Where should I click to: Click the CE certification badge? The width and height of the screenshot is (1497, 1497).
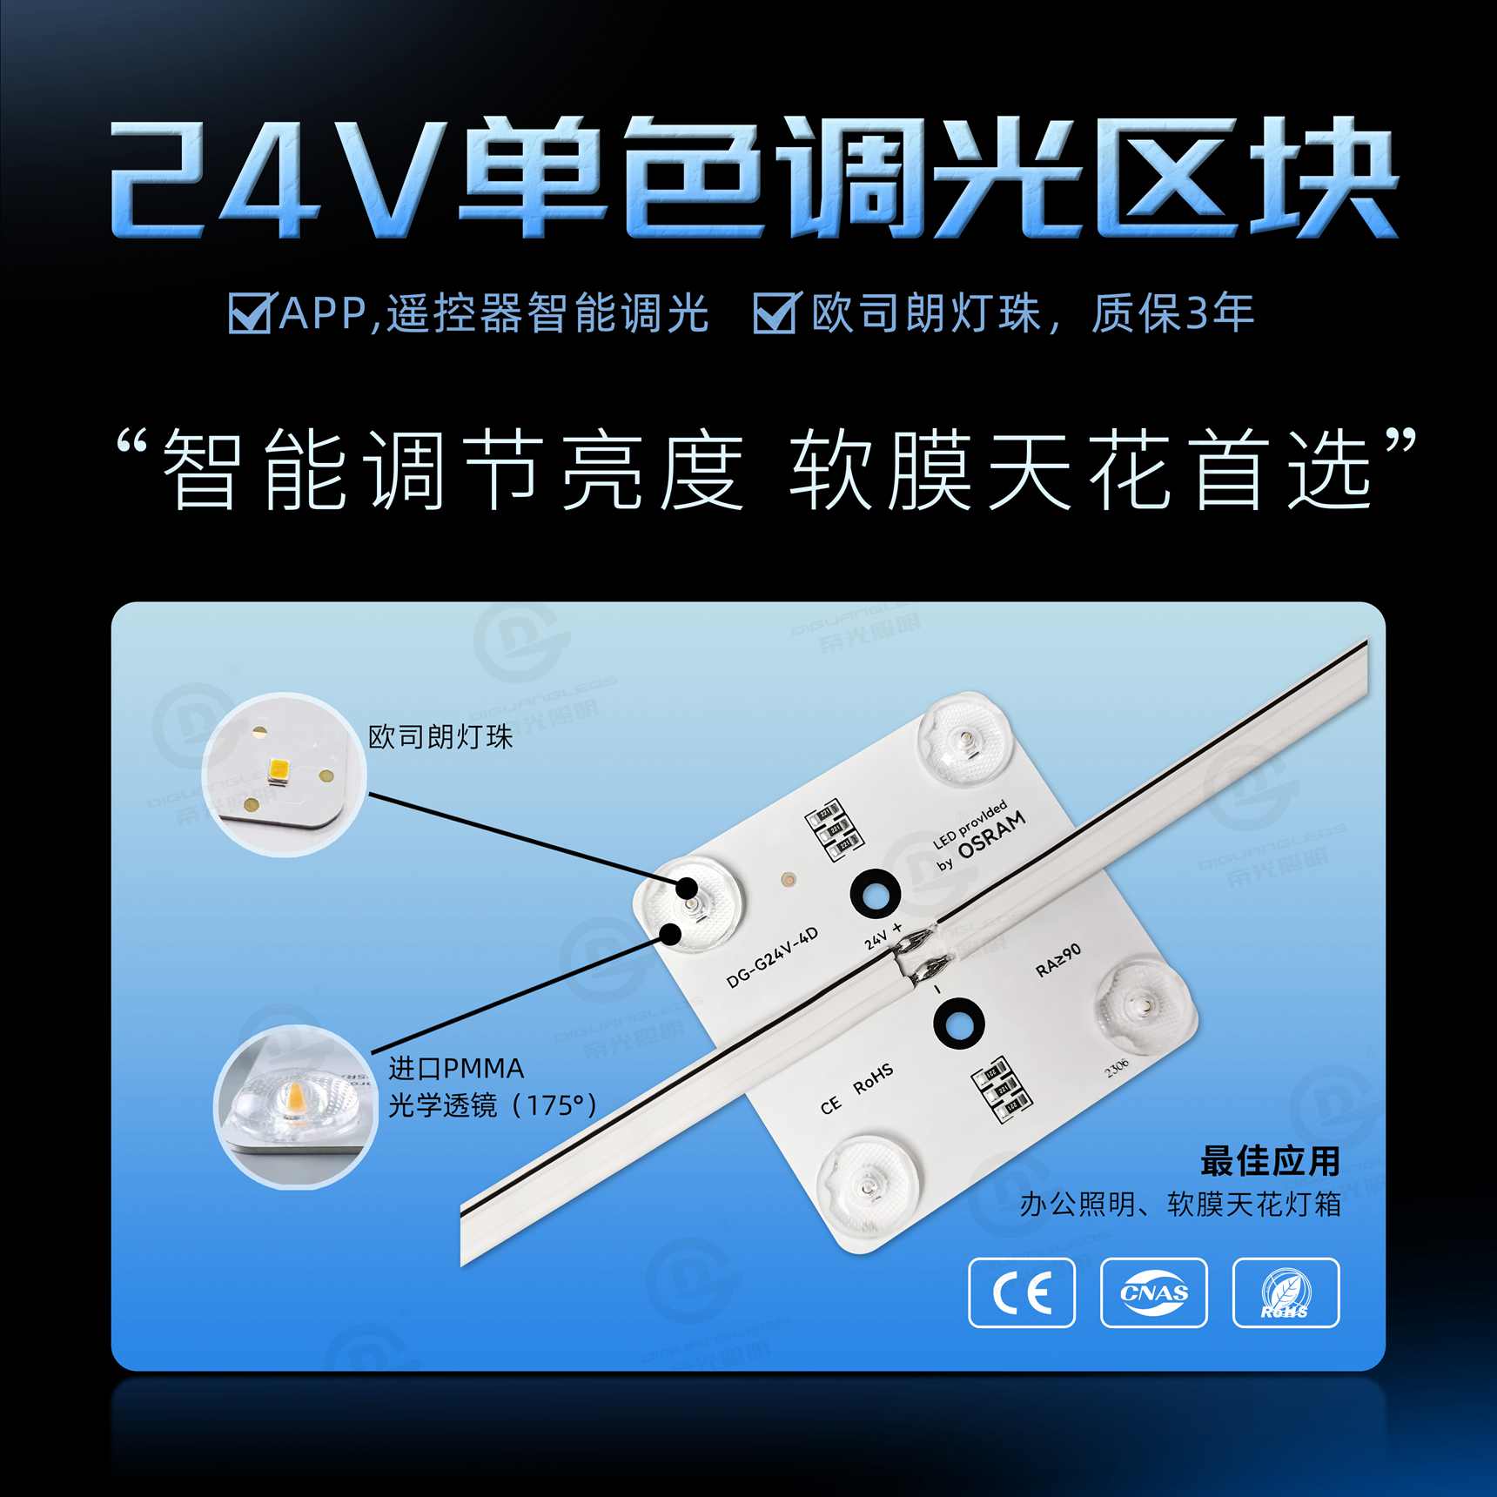pyautogui.click(x=1021, y=1292)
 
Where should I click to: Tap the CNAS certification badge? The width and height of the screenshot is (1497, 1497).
pyautogui.click(x=1153, y=1292)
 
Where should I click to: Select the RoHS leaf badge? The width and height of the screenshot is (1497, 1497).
pyautogui.click(x=1286, y=1292)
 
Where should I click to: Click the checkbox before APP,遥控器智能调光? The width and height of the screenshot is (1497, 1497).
pyautogui.click(x=250, y=312)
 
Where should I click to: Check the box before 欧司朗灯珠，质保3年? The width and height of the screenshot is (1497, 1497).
pyautogui.click(x=774, y=312)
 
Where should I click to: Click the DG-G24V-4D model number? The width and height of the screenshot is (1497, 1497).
pyautogui.click(x=772, y=957)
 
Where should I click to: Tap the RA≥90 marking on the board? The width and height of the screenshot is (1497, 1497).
pyautogui.click(x=1058, y=959)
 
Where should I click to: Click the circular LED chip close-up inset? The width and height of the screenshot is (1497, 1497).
pyautogui.click(x=285, y=774)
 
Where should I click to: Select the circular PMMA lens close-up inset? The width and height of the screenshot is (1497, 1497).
pyautogui.click(x=296, y=1106)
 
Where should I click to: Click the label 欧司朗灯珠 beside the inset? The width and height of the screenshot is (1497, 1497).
pyautogui.click(x=440, y=737)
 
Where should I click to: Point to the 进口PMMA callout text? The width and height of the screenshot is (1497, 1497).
pyautogui.click(x=456, y=1069)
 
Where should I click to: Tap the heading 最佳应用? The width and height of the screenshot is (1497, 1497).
pyautogui.click(x=1270, y=1161)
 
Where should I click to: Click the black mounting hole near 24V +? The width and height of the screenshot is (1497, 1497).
pyautogui.click(x=875, y=893)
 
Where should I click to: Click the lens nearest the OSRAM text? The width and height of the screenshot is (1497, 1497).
pyautogui.click(x=963, y=742)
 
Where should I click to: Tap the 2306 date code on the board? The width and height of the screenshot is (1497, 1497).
pyautogui.click(x=1116, y=1067)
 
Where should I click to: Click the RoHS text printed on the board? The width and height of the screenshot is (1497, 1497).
pyautogui.click(x=873, y=1079)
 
